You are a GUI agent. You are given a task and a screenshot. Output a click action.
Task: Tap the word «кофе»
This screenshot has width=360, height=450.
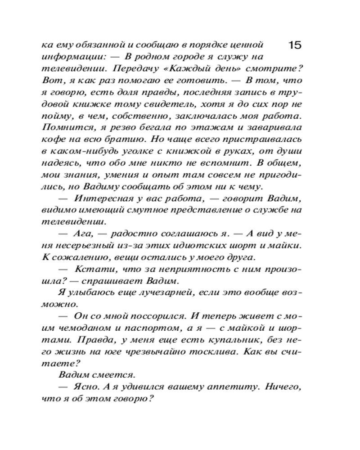click(52, 139)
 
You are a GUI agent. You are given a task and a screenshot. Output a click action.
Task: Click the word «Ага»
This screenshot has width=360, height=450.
click(80, 234)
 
